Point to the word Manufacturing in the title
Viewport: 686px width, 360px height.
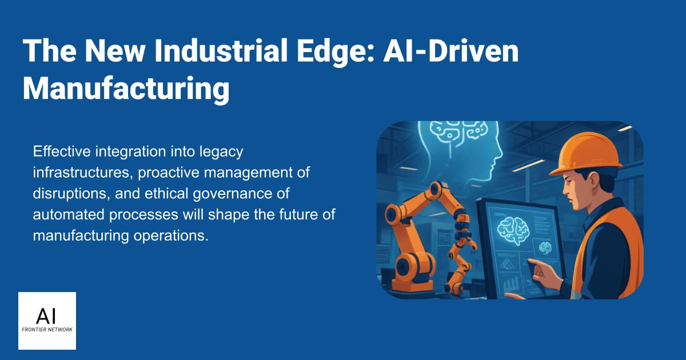point(126,89)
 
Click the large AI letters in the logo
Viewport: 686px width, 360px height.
point(47,315)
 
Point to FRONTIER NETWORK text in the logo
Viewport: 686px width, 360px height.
point(47,330)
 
